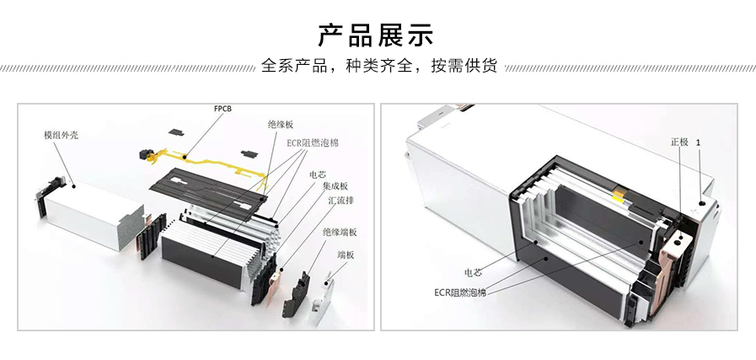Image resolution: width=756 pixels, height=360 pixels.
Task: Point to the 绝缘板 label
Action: (281, 124)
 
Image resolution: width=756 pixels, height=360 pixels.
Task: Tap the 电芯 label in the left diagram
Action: (317, 175)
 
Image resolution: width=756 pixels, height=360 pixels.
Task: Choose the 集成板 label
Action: (326, 186)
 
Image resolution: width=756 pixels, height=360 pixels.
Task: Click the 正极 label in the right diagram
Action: (679, 142)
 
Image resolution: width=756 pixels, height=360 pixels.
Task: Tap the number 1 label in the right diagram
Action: (700, 142)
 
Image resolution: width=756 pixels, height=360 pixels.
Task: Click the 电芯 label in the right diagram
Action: (473, 273)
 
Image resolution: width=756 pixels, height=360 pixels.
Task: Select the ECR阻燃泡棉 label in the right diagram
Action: (460, 293)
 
